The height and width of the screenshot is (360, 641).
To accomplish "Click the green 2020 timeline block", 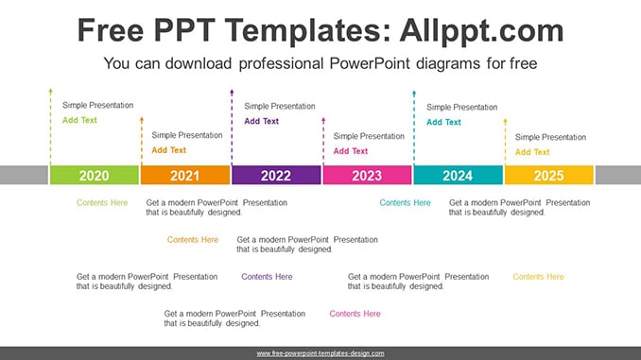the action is click(94, 175).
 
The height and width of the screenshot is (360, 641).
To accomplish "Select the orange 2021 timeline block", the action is click(185, 175).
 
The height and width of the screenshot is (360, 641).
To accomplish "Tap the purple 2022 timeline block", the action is click(276, 175).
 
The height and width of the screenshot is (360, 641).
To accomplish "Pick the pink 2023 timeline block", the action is click(367, 175).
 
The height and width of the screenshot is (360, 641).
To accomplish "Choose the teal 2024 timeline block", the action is click(459, 175).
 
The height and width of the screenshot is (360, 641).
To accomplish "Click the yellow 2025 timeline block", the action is click(549, 175).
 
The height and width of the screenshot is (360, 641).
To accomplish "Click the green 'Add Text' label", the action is click(79, 120).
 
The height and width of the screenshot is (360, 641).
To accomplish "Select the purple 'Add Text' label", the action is click(262, 121).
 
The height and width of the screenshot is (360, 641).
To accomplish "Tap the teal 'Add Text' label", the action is click(443, 122).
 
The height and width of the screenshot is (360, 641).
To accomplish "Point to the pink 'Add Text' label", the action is click(351, 151).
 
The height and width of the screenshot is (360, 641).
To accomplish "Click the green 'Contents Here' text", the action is click(102, 203).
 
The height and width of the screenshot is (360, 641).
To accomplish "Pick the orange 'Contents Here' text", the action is click(193, 239).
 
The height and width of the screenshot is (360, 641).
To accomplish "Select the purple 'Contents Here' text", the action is click(267, 277).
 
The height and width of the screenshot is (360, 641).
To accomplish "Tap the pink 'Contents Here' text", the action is click(355, 314).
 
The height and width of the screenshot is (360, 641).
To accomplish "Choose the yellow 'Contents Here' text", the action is click(538, 277).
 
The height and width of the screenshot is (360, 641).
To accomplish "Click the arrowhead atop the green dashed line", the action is click(51, 91).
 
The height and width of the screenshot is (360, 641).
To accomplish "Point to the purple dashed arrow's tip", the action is click(232, 91).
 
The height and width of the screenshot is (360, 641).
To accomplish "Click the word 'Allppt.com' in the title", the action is click(481, 30).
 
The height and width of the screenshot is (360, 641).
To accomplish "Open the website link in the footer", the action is click(320, 353).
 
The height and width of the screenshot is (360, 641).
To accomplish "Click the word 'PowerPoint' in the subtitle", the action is click(370, 63).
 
